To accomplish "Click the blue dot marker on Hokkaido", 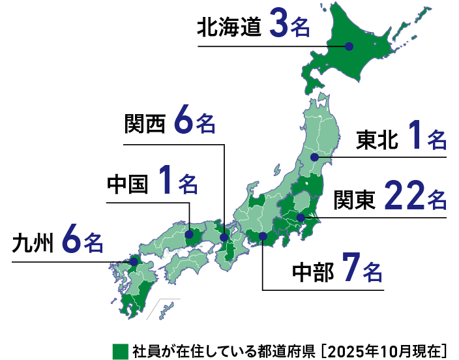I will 349,46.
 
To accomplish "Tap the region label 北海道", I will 229,27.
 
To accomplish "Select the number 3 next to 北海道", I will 276,26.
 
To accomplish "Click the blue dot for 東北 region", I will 314,157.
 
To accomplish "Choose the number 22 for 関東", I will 402,198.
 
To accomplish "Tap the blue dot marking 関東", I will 301,217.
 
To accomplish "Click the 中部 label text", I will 312,271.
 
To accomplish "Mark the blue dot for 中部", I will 262,236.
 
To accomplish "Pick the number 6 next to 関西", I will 185,122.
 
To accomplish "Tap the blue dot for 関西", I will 224,237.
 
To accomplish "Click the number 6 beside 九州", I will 72,242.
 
